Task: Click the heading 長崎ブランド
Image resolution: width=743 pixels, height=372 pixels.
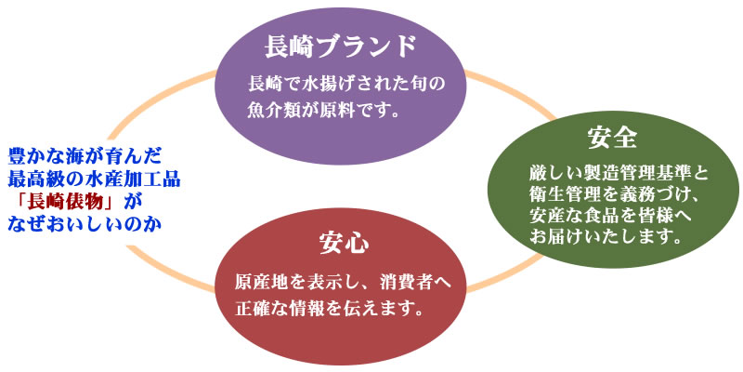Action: click(x=340, y=47)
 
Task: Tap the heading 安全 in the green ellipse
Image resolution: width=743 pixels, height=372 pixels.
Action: click(x=613, y=138)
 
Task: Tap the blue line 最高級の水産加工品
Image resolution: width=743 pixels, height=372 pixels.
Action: click(x=95, y=179)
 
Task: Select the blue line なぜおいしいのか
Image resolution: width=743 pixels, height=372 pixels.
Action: click(x=85, y=224)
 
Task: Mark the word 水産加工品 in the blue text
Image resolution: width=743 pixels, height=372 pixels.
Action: click(x=137, y=179)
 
